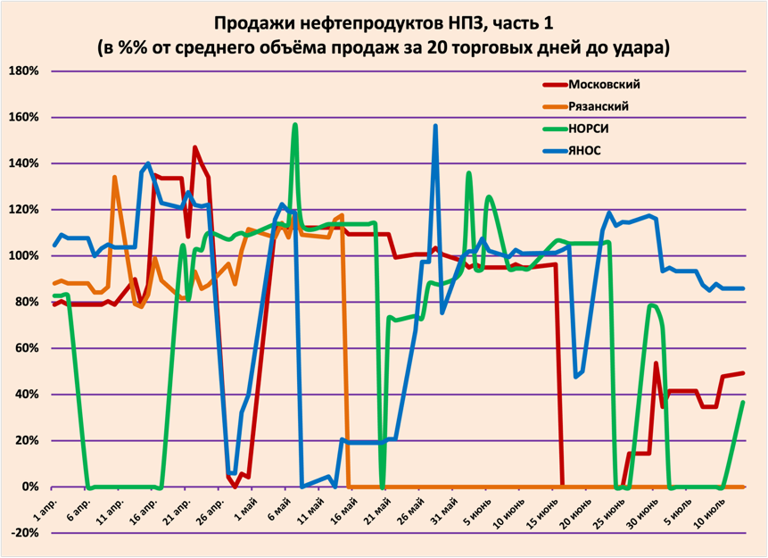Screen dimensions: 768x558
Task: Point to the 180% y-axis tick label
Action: pyautogui.click(x=23, y=71)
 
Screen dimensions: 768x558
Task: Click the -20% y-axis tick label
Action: pyautogui.click(x=23, y=533)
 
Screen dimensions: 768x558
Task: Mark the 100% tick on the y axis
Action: pyautogui.click(x=23, y=256)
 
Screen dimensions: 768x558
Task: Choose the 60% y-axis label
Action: pyautogui.click(x=27, y=348)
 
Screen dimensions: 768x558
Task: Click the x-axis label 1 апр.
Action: pyautogui.click(x=46, y=509)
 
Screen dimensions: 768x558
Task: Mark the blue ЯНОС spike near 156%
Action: pyautogui.click(x=435, y=126)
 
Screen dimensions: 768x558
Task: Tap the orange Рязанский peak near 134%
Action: pyautogui.click(x=114, y=177)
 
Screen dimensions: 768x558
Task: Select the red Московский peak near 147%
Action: pyautogui.click(x=195, y=147)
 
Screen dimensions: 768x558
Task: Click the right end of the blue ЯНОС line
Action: pyautogui.click(x=743, y=288)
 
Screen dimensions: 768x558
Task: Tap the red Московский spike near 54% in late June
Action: pyautogui.click(x=656, y=363)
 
